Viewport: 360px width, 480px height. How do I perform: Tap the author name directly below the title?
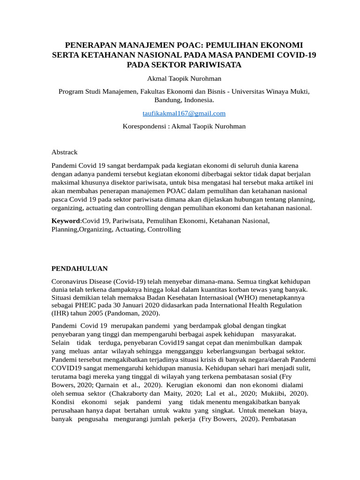184,78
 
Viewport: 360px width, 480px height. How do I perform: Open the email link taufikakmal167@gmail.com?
184,113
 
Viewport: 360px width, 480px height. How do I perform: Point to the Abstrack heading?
64,152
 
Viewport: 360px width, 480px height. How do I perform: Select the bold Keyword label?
66,221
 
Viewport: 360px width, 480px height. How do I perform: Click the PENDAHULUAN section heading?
79,269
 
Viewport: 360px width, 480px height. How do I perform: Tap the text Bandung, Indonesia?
184,100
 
